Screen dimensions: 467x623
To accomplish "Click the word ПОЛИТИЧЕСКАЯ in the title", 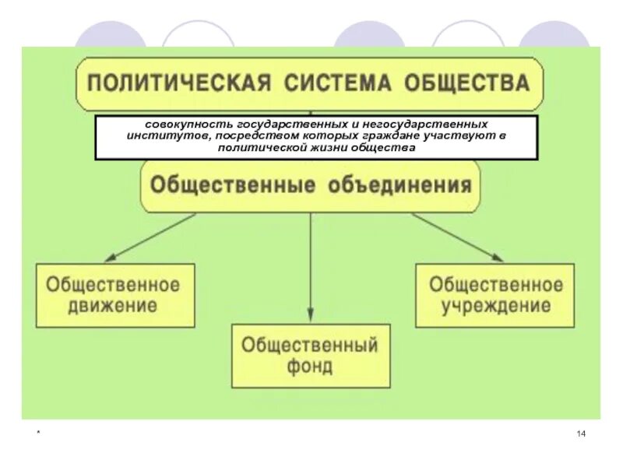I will (174, 83).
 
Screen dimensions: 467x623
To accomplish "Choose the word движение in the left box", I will (113, 306).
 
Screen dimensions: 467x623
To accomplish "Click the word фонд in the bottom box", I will (309, 366).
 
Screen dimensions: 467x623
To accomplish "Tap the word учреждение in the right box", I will (496, 306).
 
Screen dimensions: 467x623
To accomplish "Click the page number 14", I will (581, 434).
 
